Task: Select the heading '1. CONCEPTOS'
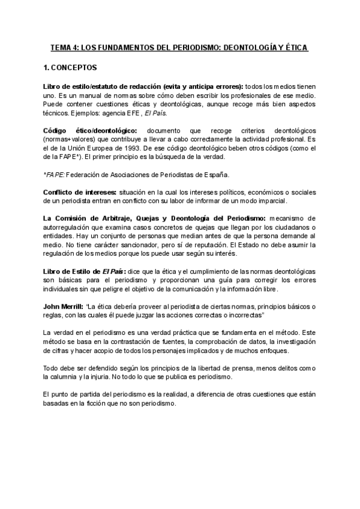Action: (x=71, y=68)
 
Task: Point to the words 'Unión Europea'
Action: (x=95, y=146)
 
